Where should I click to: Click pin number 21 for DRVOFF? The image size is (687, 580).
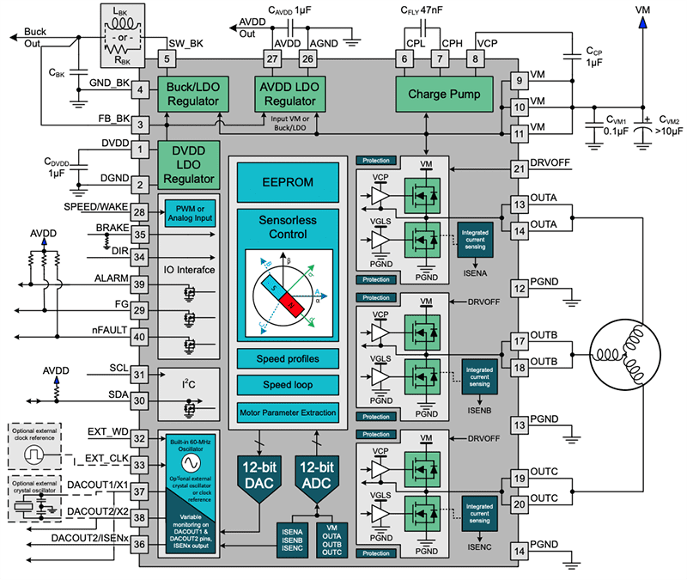[x=518, y=170]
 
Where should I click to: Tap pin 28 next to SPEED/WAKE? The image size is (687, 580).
[x=138, y=212]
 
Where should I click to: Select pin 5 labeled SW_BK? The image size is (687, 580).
[x=167, y=58]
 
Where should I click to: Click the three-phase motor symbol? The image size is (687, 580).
[x=623, y=353]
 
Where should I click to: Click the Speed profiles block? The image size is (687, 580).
[x=288, y=357]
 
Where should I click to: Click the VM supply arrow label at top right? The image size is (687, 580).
[x=642, y=9]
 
